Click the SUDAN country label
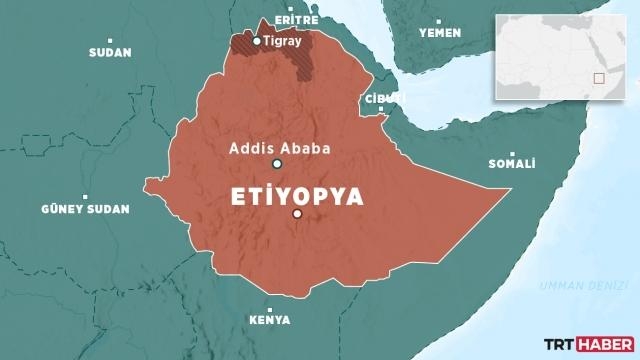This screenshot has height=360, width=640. (x=109, y=52)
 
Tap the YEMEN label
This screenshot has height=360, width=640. (x=439, y=33)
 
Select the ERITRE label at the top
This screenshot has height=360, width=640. (x=297, y=19)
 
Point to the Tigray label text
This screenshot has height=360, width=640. (x=282, y=41)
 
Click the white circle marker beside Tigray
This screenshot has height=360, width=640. (x=257, y=41)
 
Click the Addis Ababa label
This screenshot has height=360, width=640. (x=279, y=147)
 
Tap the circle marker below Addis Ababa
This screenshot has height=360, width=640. (x=277, y=165)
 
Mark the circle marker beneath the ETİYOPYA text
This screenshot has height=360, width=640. (x=297, y=215)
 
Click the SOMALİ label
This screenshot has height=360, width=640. (x=511, y=164)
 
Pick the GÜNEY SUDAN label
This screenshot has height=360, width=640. (x=85, y=209)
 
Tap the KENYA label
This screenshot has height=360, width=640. (x=270, y=320)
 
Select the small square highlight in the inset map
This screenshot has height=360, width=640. (x=598, y=77)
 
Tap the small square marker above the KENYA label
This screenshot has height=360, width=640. (x=270, y=307)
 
